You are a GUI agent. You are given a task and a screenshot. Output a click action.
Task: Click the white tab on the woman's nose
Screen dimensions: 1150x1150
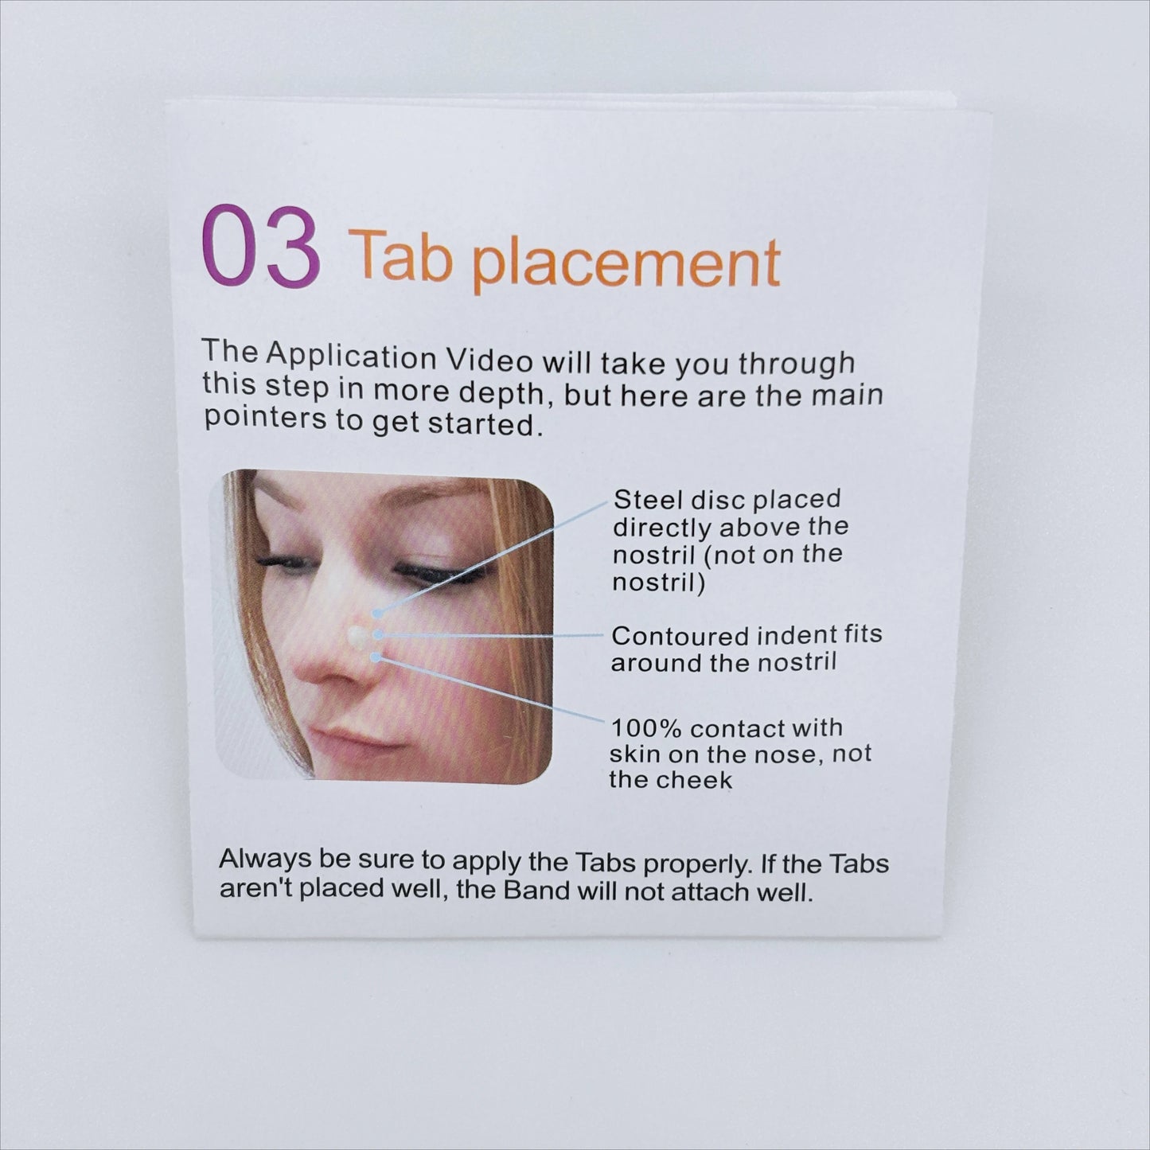pyautogui.click(x=357, y=635)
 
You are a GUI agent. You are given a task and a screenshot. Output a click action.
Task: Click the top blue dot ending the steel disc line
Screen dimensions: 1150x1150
pyautogui.click(x=376, y=612)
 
